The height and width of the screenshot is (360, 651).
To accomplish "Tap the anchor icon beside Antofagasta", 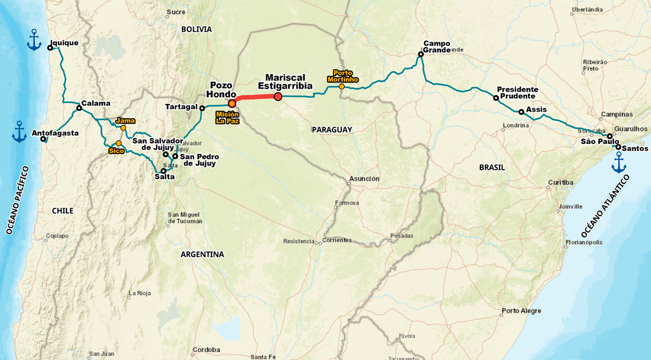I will (x=19, y=132).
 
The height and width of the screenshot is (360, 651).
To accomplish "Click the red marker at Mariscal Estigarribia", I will (x=278, y=96).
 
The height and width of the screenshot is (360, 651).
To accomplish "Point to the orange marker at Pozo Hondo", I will (x=232, y=103).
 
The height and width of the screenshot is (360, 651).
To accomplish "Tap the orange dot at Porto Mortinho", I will (x=342, y=87).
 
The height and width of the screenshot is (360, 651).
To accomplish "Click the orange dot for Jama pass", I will (x=123, y=128).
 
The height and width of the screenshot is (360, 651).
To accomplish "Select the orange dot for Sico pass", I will (x=118, y=143).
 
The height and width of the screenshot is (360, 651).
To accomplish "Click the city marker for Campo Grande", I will (x=421, y=55).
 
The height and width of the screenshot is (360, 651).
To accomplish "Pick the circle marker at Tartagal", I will (x=202, y=108).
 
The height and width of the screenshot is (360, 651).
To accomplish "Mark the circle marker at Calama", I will (x=79, y=108).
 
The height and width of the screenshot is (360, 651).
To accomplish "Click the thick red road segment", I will (x=255, y=98).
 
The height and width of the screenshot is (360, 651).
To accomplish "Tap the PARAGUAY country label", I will (x=332, y=130).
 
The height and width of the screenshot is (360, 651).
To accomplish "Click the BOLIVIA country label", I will (x=197, y=29).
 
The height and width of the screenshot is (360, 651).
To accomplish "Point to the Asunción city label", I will (x=365, y=179).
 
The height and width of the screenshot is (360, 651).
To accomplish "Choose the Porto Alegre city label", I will (x=521, y=311).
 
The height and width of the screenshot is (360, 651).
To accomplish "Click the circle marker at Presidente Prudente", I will (x=496, y=98).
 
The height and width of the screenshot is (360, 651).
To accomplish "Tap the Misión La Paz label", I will (x=227, y=118).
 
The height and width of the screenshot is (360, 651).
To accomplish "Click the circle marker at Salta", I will (x=164, y=171).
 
